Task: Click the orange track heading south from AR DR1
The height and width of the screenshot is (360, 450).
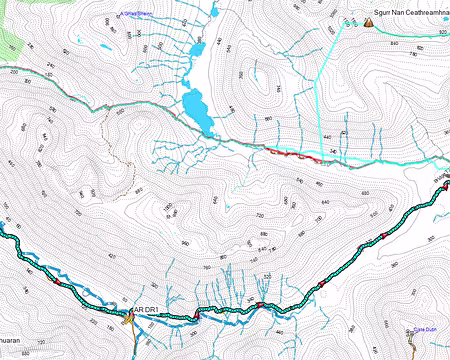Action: [x=133, y=335]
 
